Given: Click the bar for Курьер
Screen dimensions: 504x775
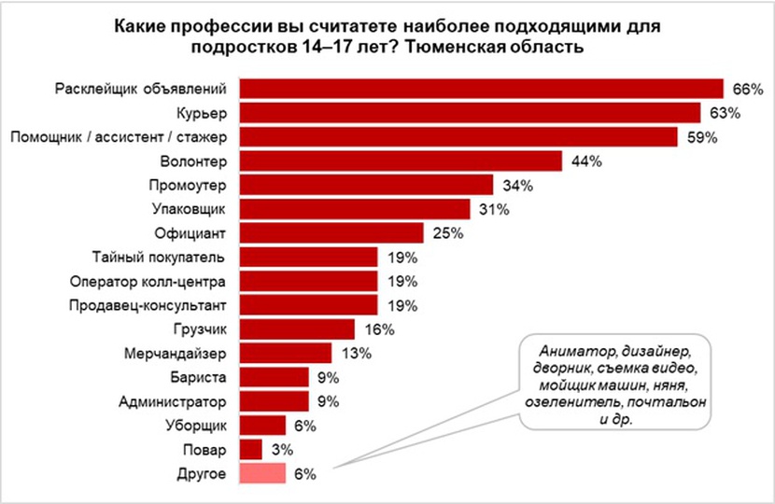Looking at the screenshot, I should click(x=471, y=113).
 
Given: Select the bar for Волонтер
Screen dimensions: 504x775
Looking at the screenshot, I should click(x=401, y=161).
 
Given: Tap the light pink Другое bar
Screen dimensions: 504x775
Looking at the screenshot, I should click(x=263, y=473).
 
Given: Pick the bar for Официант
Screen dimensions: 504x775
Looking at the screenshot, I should click(x=331, y=232).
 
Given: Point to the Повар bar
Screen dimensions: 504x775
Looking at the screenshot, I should click(x=251, y=449).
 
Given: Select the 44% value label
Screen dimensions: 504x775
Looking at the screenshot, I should click(x=586, y=161).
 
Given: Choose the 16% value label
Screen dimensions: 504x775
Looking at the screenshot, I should click(x=379, y=329).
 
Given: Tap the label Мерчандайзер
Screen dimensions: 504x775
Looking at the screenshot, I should click(x=175, y=354).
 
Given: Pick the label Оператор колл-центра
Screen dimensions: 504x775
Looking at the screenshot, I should click(x=149, y=281).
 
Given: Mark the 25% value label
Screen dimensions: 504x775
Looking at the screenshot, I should click(x=447, y=232).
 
